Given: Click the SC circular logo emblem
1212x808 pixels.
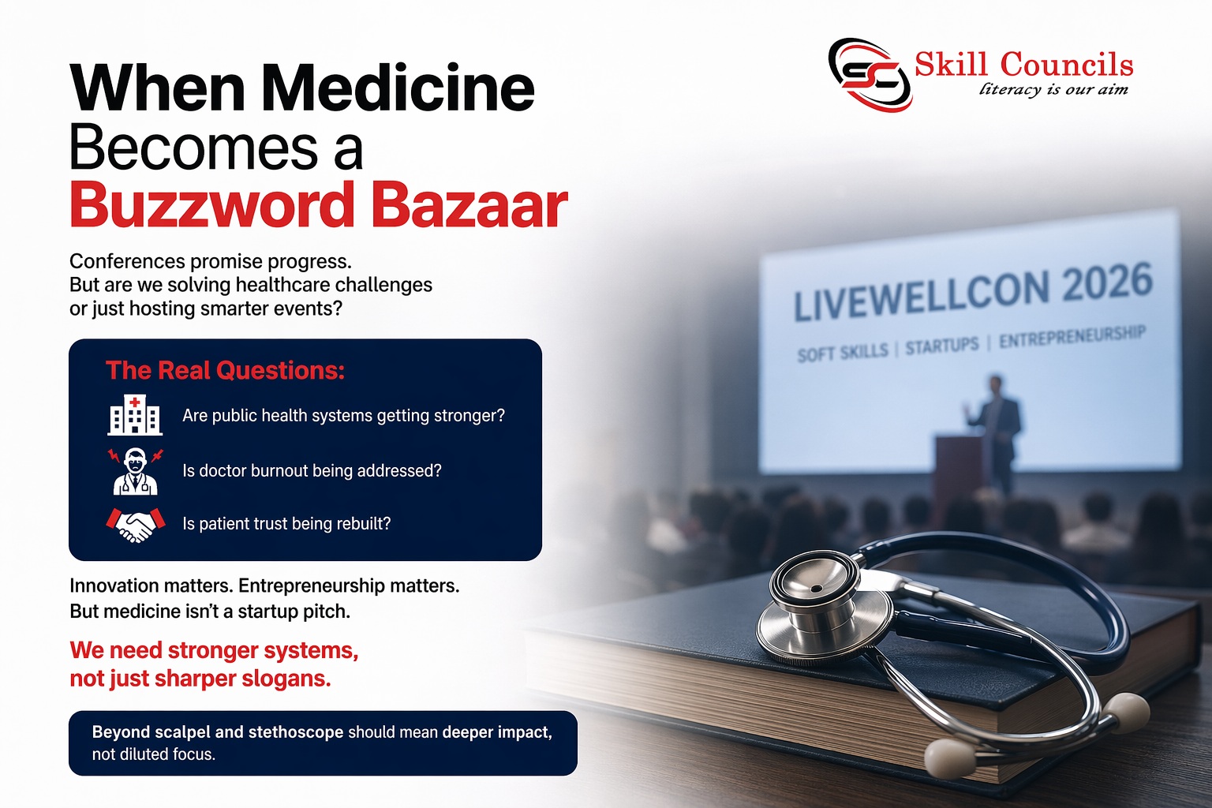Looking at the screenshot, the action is click(x=870, y=75).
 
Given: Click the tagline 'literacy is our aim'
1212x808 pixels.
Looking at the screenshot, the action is click(x=1053, y=89).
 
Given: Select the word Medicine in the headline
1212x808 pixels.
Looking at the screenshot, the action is click(x=400, y=88).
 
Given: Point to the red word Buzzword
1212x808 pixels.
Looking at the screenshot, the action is click(x=211, y=206).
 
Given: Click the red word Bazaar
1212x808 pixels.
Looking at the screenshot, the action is click(x=469, y=206).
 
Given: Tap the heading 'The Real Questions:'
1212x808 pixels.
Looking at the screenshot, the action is click(x=225, y=371).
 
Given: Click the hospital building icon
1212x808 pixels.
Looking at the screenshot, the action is click(x=135, y=415).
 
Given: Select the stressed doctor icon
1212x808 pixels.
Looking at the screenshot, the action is click(x=135, y=471).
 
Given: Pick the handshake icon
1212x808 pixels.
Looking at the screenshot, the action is click(x=135, y=525).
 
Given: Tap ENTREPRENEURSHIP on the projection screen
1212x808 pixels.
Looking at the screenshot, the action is click(x=1072, y=337).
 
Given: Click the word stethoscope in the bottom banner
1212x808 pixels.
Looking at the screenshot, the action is click(x=296, y=732).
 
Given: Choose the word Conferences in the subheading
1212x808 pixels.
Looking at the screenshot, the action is click(x=127, y=261).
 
